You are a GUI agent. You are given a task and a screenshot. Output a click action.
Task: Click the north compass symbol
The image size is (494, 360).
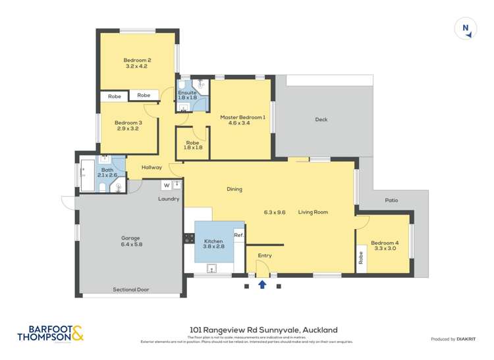coord(466,28)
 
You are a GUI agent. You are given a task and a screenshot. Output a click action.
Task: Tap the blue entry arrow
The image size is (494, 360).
coord(262,284)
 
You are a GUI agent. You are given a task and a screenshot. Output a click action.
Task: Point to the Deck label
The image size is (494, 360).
coord(321,120)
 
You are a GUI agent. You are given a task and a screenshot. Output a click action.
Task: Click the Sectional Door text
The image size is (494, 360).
coord(131,290)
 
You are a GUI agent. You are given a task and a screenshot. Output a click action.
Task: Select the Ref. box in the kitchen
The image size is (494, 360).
coord(238,235)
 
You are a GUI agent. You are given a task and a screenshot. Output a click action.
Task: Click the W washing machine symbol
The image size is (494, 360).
coord(167,185)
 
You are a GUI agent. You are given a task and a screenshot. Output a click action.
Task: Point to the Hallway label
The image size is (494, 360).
coord(151,168)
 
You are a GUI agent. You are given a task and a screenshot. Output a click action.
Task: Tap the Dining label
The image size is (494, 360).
coord(234,190)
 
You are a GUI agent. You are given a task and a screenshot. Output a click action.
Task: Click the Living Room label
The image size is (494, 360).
coord(313,212)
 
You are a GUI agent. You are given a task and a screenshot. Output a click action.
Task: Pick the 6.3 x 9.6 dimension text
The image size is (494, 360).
coord(275,212)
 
